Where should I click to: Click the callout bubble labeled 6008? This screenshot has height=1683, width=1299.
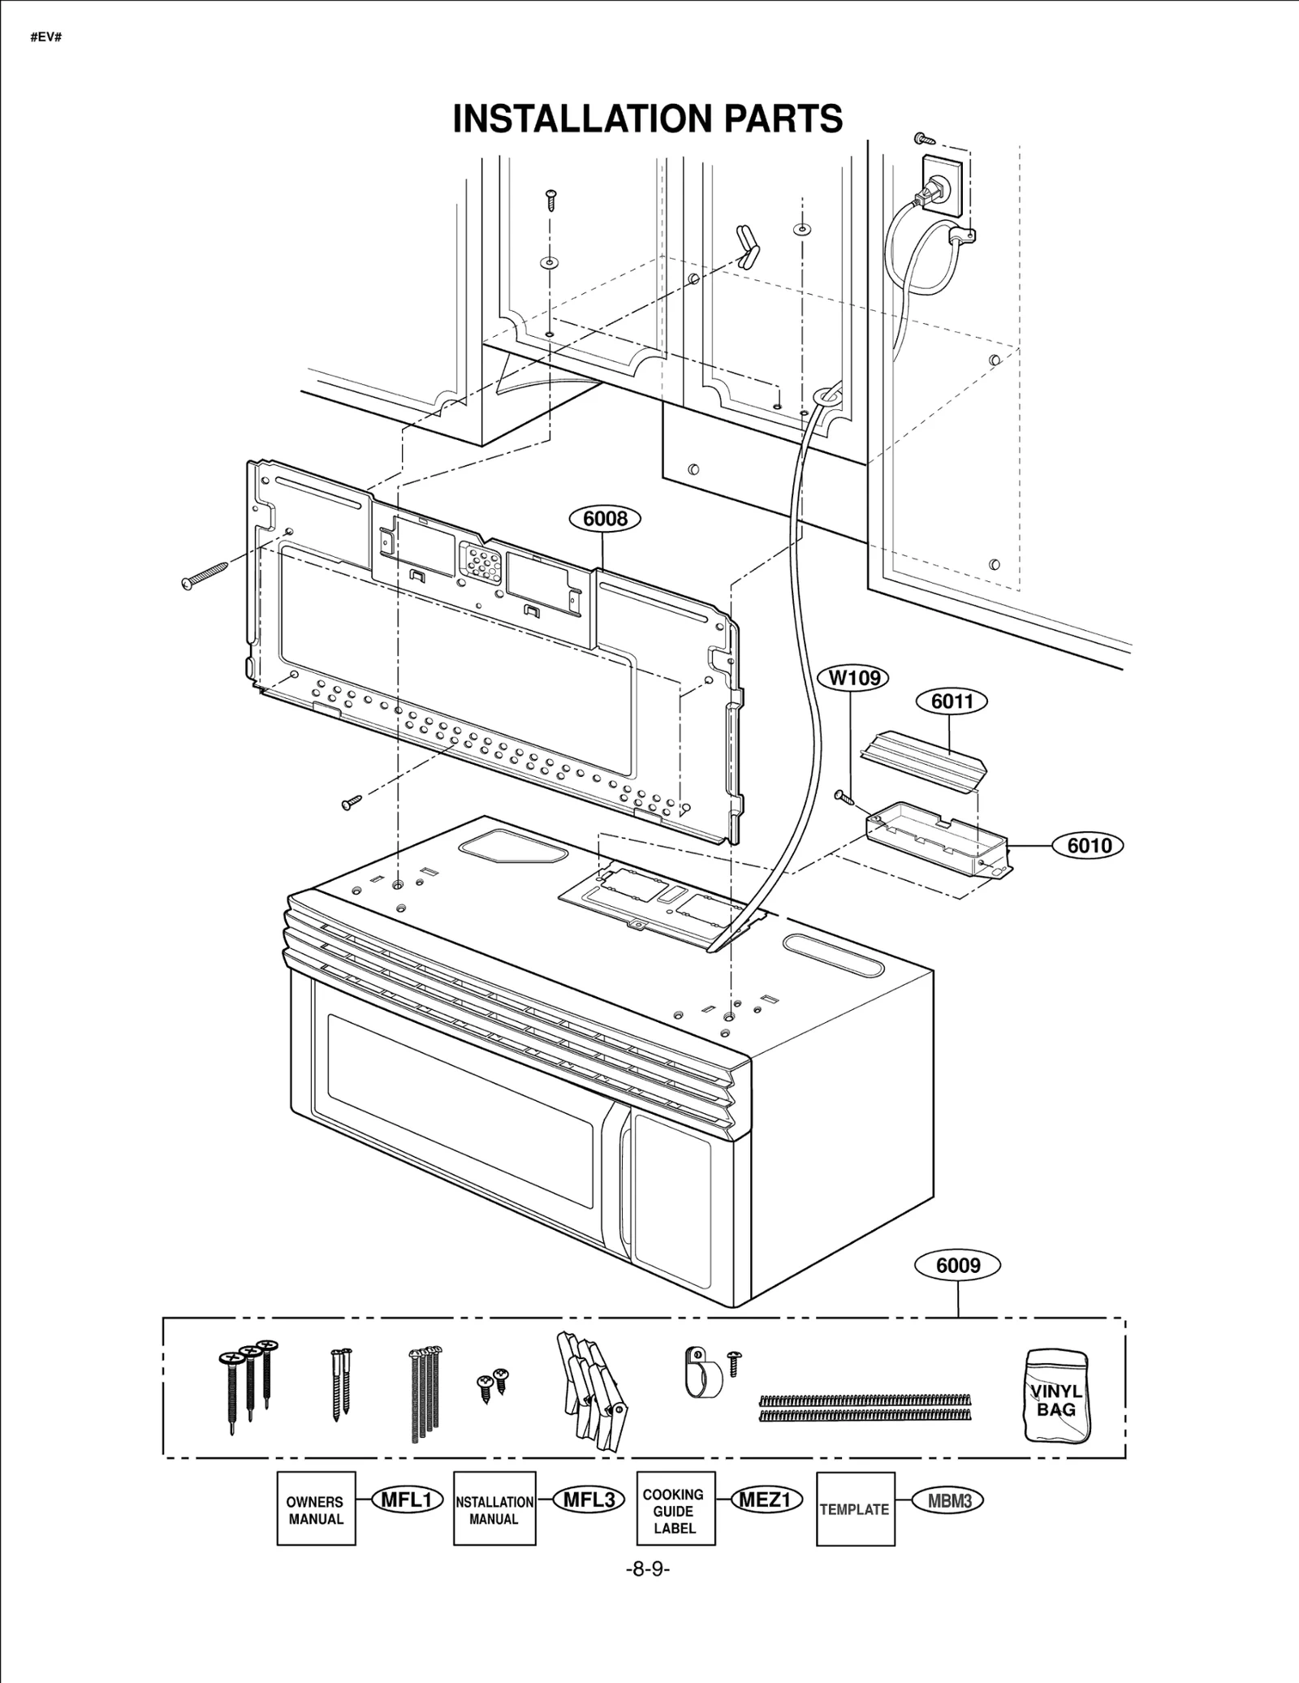tap(605, 519)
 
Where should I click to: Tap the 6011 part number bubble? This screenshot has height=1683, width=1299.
tap(952, 701)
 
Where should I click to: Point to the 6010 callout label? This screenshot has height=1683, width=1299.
tap(1088, 845)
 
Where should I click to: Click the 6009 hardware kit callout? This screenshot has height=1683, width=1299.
tap(958, 1265)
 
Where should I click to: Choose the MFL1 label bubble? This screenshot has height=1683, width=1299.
tap(407, 1500)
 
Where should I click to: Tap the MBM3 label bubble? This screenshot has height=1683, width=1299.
tap(948, 1500)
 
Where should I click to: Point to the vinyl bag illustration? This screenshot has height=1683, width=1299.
tap(1056, 1396)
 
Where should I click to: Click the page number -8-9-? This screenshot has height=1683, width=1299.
tap(647, 1569)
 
